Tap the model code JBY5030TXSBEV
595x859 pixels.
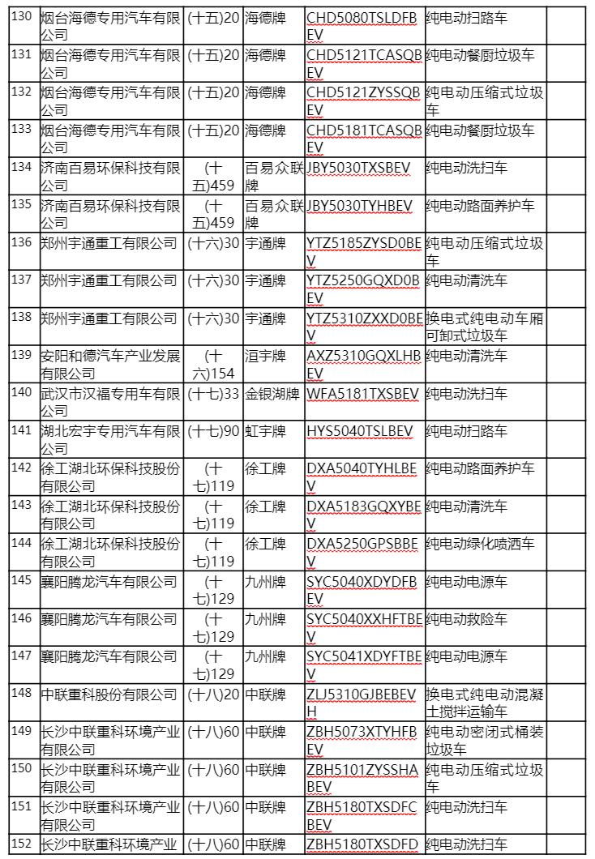point(360,167)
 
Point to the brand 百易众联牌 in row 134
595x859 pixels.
point(273,176)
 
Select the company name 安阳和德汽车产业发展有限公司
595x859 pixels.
point(110,364)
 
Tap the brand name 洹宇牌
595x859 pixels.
point(265,355)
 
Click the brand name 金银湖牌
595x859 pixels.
point(272,394)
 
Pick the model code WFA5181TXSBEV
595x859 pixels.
point(363,394)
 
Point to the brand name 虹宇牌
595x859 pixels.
point(265,431)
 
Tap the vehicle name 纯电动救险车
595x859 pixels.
point(467,619)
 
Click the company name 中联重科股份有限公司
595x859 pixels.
point(109,694)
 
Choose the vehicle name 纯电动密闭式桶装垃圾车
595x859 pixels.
point(485,740)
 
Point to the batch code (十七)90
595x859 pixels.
point(213,431)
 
